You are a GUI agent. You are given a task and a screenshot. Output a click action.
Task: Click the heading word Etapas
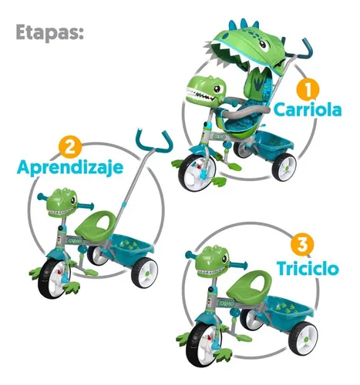(49, 32)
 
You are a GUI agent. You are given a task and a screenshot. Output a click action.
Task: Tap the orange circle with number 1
(308, 89)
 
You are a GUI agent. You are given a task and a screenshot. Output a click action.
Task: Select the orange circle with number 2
(70, 148)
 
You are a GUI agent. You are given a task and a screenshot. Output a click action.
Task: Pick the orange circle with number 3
(302, 245)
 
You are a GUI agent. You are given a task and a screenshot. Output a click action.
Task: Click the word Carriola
(308, 109)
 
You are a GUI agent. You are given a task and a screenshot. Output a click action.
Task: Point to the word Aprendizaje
(70, 168)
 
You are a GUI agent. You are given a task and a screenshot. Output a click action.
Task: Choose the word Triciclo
(308, 268)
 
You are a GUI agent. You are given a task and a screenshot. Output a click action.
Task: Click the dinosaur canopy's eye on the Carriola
(263, 45)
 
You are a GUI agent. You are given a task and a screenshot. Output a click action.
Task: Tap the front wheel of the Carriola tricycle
(197, 172)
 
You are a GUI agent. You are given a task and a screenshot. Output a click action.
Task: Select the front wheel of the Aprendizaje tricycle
(54, 278)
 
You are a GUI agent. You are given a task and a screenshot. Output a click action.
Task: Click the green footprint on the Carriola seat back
(258, 82)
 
